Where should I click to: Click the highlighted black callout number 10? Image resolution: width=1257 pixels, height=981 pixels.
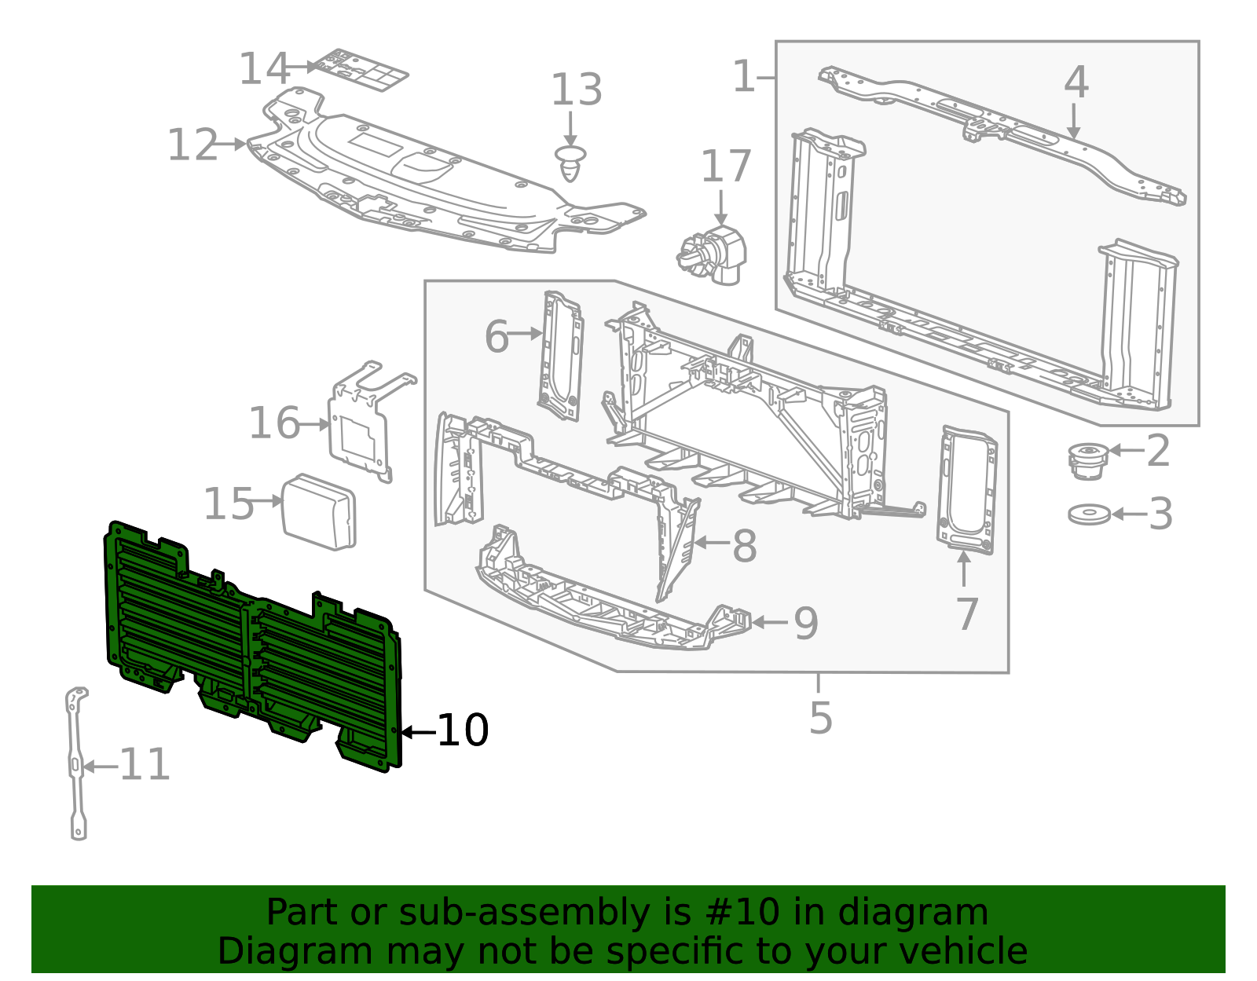[x=463, y=731]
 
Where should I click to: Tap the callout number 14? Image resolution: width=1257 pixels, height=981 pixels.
[x=265, y=68]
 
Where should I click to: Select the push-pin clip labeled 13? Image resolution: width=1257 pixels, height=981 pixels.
[x=571, y=163]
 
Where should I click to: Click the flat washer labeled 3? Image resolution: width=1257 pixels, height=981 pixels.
[x=1089, y=514]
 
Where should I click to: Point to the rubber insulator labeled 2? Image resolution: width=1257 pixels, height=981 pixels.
[x=1088, y=461]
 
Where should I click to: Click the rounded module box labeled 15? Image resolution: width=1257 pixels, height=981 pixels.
[x=319, y=511]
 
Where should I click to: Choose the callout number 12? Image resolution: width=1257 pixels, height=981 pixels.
[x=192, y=145]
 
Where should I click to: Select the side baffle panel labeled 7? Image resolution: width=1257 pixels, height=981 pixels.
[x=967, y=490]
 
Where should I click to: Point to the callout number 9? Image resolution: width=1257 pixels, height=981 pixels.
[x=806, y=624]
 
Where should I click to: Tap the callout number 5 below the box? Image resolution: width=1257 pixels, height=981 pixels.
[x=820, y=718]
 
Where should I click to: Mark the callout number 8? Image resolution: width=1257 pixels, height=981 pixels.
[x=744, y=546]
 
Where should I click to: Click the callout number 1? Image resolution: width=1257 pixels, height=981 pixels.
[x=743, y=77]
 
